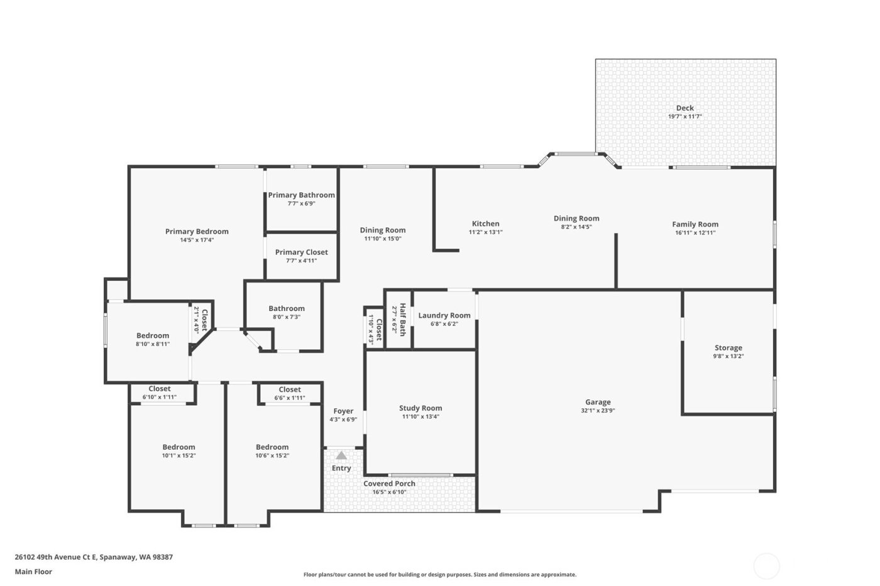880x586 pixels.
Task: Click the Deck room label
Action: [685, 108]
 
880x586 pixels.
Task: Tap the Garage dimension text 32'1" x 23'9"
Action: [597, 411]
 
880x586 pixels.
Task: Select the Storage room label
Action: [728, 347]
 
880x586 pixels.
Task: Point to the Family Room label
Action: [695, 224]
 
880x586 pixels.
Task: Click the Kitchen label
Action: [485, 224]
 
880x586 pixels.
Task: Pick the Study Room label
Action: [420, 408]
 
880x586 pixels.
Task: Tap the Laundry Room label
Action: [444, 315]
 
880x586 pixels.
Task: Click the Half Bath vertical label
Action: [402, 320]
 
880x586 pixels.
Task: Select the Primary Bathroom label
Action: [301, 195]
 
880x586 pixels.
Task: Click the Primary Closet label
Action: [301, 252]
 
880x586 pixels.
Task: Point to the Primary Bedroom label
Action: [197, 231]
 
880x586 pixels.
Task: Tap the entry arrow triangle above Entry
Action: [341, 455]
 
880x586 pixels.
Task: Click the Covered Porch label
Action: [389, 484]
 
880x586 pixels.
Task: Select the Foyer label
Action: [343, 411]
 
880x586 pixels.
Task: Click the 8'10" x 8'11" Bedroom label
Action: [153, 335]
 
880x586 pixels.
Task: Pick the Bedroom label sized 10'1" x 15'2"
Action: [179, 447]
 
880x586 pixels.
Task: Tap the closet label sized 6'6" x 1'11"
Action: [290, 389]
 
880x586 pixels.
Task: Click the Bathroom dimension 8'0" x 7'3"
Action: [287, 317]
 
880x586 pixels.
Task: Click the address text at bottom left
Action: [94, 556]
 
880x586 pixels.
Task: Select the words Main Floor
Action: [33, 572]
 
